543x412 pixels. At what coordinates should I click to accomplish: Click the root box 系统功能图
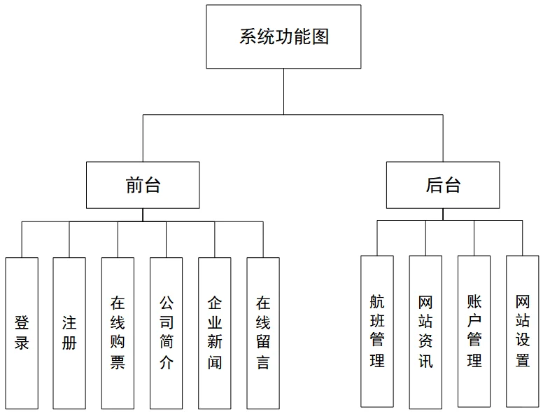coord(283,36)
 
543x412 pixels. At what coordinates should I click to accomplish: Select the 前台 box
coord(143,185)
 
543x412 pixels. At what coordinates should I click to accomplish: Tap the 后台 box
coord(443,185)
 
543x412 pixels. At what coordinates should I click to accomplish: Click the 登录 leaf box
coord(22,333)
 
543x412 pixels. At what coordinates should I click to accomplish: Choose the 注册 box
coord(69,333)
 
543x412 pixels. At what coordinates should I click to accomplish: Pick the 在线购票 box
coord(118,333)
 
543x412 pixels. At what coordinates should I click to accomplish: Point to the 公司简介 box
coord(166,333)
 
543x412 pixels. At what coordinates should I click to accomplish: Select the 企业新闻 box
coord(214,333)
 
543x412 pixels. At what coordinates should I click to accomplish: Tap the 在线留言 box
coord(263,333)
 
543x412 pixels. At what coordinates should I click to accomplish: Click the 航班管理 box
coord(377,331)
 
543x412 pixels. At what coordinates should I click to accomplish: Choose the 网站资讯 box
coord(425,331)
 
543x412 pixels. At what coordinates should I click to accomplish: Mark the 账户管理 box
coord(474,331)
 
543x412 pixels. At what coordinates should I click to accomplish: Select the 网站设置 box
coord(523,331)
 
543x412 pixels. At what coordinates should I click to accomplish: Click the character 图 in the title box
coord(320,36)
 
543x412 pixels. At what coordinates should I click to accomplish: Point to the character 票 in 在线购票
coord(118,363)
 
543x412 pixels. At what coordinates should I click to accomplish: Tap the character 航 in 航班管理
coord(377,302)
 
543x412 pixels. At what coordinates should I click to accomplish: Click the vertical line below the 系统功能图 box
coord(283,91)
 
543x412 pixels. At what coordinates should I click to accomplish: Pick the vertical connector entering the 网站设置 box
coord(522,238)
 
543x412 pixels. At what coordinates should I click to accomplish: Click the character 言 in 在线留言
coord(263,363)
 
